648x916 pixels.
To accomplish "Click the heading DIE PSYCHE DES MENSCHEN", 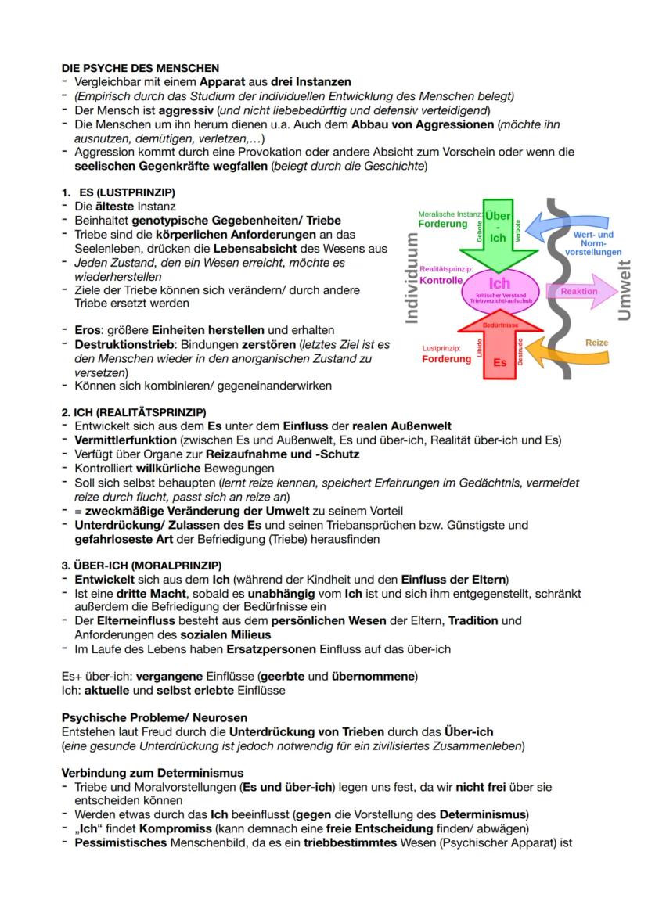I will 140,69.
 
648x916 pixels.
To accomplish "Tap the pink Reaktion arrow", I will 583,291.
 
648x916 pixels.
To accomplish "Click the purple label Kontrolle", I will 441,279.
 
